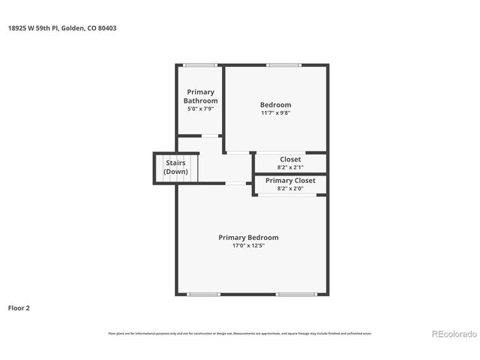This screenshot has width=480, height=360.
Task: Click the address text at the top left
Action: (x=63, y=28)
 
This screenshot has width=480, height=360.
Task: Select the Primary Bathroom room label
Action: (x=200, y=96)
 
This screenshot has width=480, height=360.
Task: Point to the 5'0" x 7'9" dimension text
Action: (x=200, y=109)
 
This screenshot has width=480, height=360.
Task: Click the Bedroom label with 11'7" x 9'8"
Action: (x=275, y=104)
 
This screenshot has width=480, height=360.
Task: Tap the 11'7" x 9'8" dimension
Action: (x=275, y=113)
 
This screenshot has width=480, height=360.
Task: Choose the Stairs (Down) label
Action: (x=175, y=166)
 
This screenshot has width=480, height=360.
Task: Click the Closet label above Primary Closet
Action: (x=290, y=159)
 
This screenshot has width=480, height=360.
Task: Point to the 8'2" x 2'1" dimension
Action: (x=290, y=167)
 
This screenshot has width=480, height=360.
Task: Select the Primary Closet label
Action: (x=290, y=181)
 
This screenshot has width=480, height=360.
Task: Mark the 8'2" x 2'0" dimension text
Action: (x=290, y=189)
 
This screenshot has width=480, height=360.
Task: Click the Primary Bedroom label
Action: (x=248, y=237)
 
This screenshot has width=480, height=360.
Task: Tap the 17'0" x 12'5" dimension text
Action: (x=248, y=245)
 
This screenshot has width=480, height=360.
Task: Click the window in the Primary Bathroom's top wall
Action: (x=200, y=65)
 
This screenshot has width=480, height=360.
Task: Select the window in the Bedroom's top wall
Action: (x=283, y=65)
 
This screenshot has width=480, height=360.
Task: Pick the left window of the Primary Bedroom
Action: (x=203, y=294)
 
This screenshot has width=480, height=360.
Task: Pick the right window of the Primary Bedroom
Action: (x=295, y=294)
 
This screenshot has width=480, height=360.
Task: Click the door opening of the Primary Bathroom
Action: (x=211, y=136)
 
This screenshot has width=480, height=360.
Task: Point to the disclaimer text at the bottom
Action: (x=239, y=333)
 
